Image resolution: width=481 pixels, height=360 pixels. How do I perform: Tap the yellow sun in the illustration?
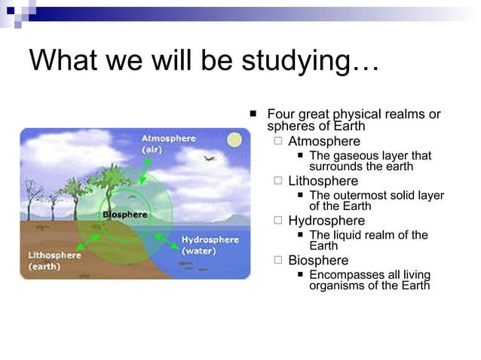[x=234, y=140]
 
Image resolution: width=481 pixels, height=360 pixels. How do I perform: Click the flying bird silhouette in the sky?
[x=209, y=159]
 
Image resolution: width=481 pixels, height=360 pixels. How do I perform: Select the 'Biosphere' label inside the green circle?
[x=125, y=215]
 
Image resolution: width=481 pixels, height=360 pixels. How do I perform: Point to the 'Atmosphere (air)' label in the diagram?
[x=168, y=144]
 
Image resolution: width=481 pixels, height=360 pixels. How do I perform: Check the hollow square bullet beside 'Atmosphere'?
[x=278, y=141]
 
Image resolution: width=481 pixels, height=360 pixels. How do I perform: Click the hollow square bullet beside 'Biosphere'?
[x=278, y=260]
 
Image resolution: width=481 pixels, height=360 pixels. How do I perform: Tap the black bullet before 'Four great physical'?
[x=253, y=114]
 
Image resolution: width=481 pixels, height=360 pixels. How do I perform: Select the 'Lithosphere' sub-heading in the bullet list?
[x=323, y=181]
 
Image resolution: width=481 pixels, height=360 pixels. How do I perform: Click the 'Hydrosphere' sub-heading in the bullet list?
[x=326, y=221]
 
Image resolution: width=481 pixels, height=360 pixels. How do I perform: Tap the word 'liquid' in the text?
[x=350, y=235]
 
